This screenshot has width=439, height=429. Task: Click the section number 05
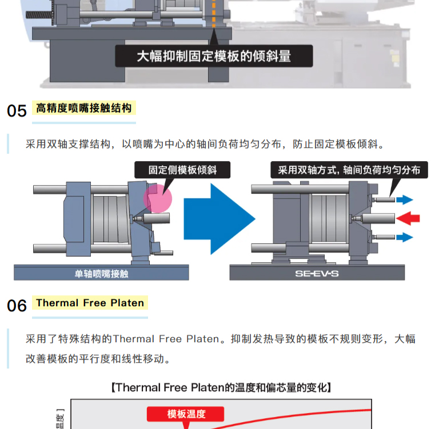coord(17,110)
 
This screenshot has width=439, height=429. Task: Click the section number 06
coord(17,306)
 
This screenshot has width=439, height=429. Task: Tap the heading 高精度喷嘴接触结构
coord(84,108)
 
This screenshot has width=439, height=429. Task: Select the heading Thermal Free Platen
coord(90,303)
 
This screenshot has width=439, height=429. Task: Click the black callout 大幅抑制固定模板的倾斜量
coord(214,56)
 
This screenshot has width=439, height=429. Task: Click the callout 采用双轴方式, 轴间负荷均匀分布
coord(349,170)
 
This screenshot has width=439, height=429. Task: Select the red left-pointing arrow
coord(408,218)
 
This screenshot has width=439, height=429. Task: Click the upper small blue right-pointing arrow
coord(405,199)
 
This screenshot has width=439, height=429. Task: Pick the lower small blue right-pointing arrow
coord(405,236)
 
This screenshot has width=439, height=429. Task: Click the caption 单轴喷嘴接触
coord(101,274)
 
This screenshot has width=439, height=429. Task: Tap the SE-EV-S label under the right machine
coord(317,274)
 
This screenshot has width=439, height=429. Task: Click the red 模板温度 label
coord(186,414)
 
